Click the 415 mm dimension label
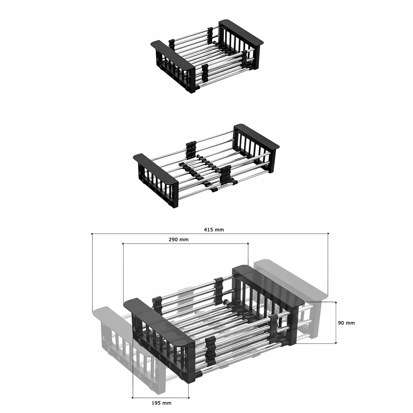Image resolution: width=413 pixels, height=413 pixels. tap(214, 230)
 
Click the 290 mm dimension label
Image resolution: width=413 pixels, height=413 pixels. tap(178, 240)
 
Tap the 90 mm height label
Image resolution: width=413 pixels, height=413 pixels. tap(347, 323)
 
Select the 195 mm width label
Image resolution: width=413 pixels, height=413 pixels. tap(161, 403)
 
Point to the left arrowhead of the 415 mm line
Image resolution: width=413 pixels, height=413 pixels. tap(93, 234)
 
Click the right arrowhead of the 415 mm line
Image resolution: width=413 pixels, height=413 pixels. tap(328, 234)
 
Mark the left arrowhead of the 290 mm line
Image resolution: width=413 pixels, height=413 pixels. tap(123, 244)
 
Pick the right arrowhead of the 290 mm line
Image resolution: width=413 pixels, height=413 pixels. tap(247, 244)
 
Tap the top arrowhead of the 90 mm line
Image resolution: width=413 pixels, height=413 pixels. tap(336, 303)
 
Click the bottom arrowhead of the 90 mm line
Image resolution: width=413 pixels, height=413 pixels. tap(336, 342)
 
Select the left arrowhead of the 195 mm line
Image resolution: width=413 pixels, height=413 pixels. tap(133, 397)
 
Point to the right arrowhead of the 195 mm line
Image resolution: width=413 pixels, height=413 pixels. tap(188, 397)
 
